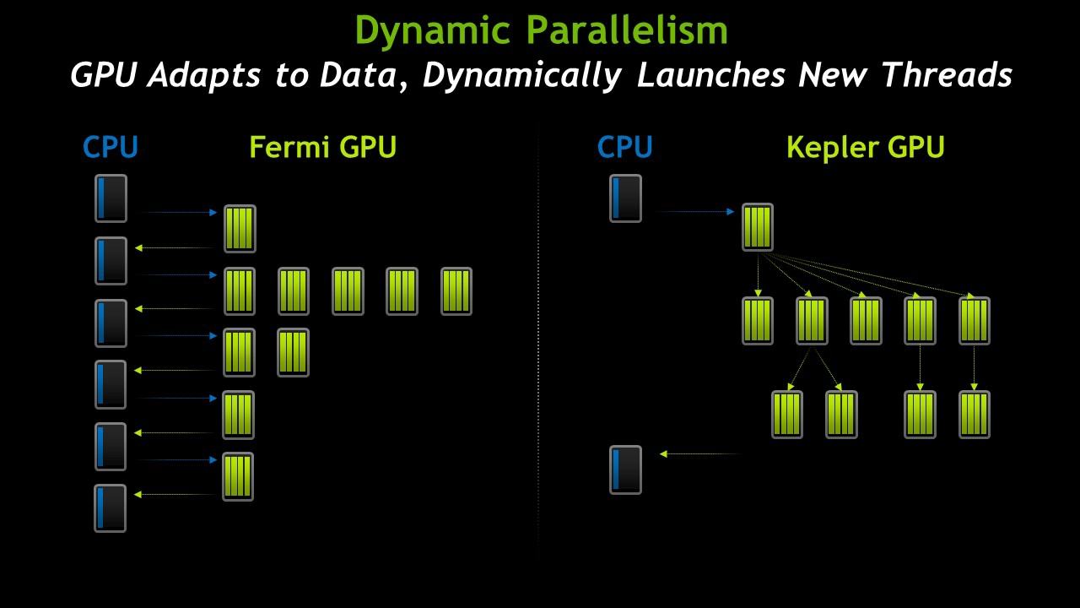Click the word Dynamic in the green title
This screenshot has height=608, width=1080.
[433, 31]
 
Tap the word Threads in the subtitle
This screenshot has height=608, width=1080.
[947, 75]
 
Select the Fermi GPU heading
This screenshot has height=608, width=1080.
[322, 147]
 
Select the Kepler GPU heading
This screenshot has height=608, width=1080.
[866, 147]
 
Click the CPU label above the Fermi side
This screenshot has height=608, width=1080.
[111, 147]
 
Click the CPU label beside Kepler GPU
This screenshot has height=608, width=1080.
[625, 147]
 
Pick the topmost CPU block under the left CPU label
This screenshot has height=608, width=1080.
[111, 198]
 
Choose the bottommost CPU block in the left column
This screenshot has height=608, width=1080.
[111, 508]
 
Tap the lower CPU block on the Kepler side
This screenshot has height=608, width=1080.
[625, 470]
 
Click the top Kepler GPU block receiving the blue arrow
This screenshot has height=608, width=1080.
[758, 227]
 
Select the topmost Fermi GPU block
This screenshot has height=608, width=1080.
[240, 229]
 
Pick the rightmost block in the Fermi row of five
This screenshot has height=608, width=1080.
[456, 291]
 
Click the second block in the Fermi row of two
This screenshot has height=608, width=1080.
[293, 353]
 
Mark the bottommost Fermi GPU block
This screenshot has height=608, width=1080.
[238, 477]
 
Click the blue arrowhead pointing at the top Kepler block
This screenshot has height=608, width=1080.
[731, 211]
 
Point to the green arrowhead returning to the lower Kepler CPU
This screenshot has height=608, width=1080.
[663, 453]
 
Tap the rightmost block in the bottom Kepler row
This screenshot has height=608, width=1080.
[975, 415]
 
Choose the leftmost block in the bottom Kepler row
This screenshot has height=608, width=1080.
[787, 415]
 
